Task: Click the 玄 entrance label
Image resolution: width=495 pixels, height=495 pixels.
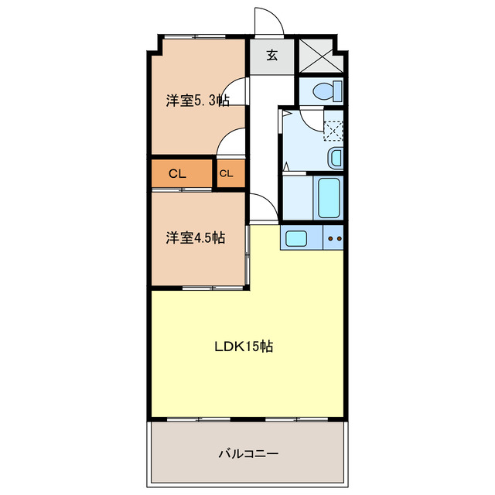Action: coord(272,55)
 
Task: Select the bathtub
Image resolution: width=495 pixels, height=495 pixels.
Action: coord(328,197)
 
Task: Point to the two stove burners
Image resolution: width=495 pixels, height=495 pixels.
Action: coord(336,239)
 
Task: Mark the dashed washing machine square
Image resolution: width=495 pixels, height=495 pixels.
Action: coord(333,128)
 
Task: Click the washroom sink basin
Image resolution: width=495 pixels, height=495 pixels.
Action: coord(335,158)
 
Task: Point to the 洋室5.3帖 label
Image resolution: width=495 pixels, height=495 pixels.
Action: coord(197,101)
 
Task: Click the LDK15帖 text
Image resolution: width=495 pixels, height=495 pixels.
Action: coord(244,346)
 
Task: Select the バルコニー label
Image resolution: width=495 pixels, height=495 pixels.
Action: coord(247,454)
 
